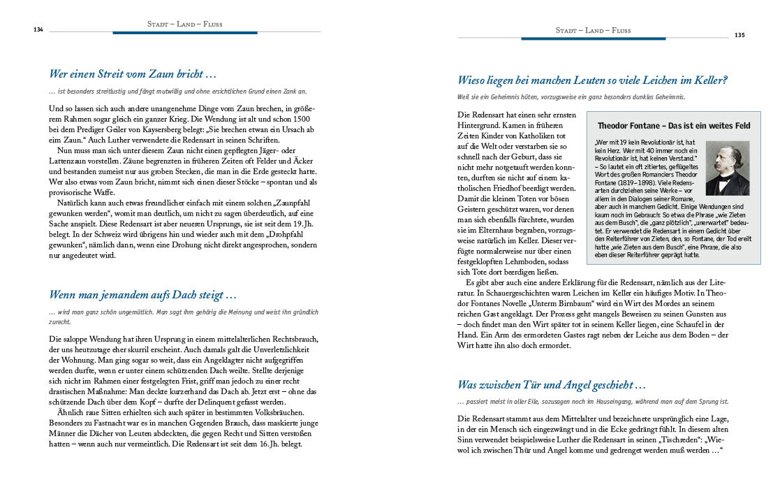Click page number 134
coord(38,29)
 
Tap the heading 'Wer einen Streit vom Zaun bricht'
coord(133,73)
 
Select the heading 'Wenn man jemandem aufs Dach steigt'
coord(143,295)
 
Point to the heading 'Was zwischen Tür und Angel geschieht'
coord(551,384)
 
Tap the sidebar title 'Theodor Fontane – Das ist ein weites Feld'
coord(674,126)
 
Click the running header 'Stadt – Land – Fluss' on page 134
coord(185,24)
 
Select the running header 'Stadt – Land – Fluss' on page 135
coord(593,30)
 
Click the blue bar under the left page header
coord(185,32)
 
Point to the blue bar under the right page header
coord(593,38)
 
